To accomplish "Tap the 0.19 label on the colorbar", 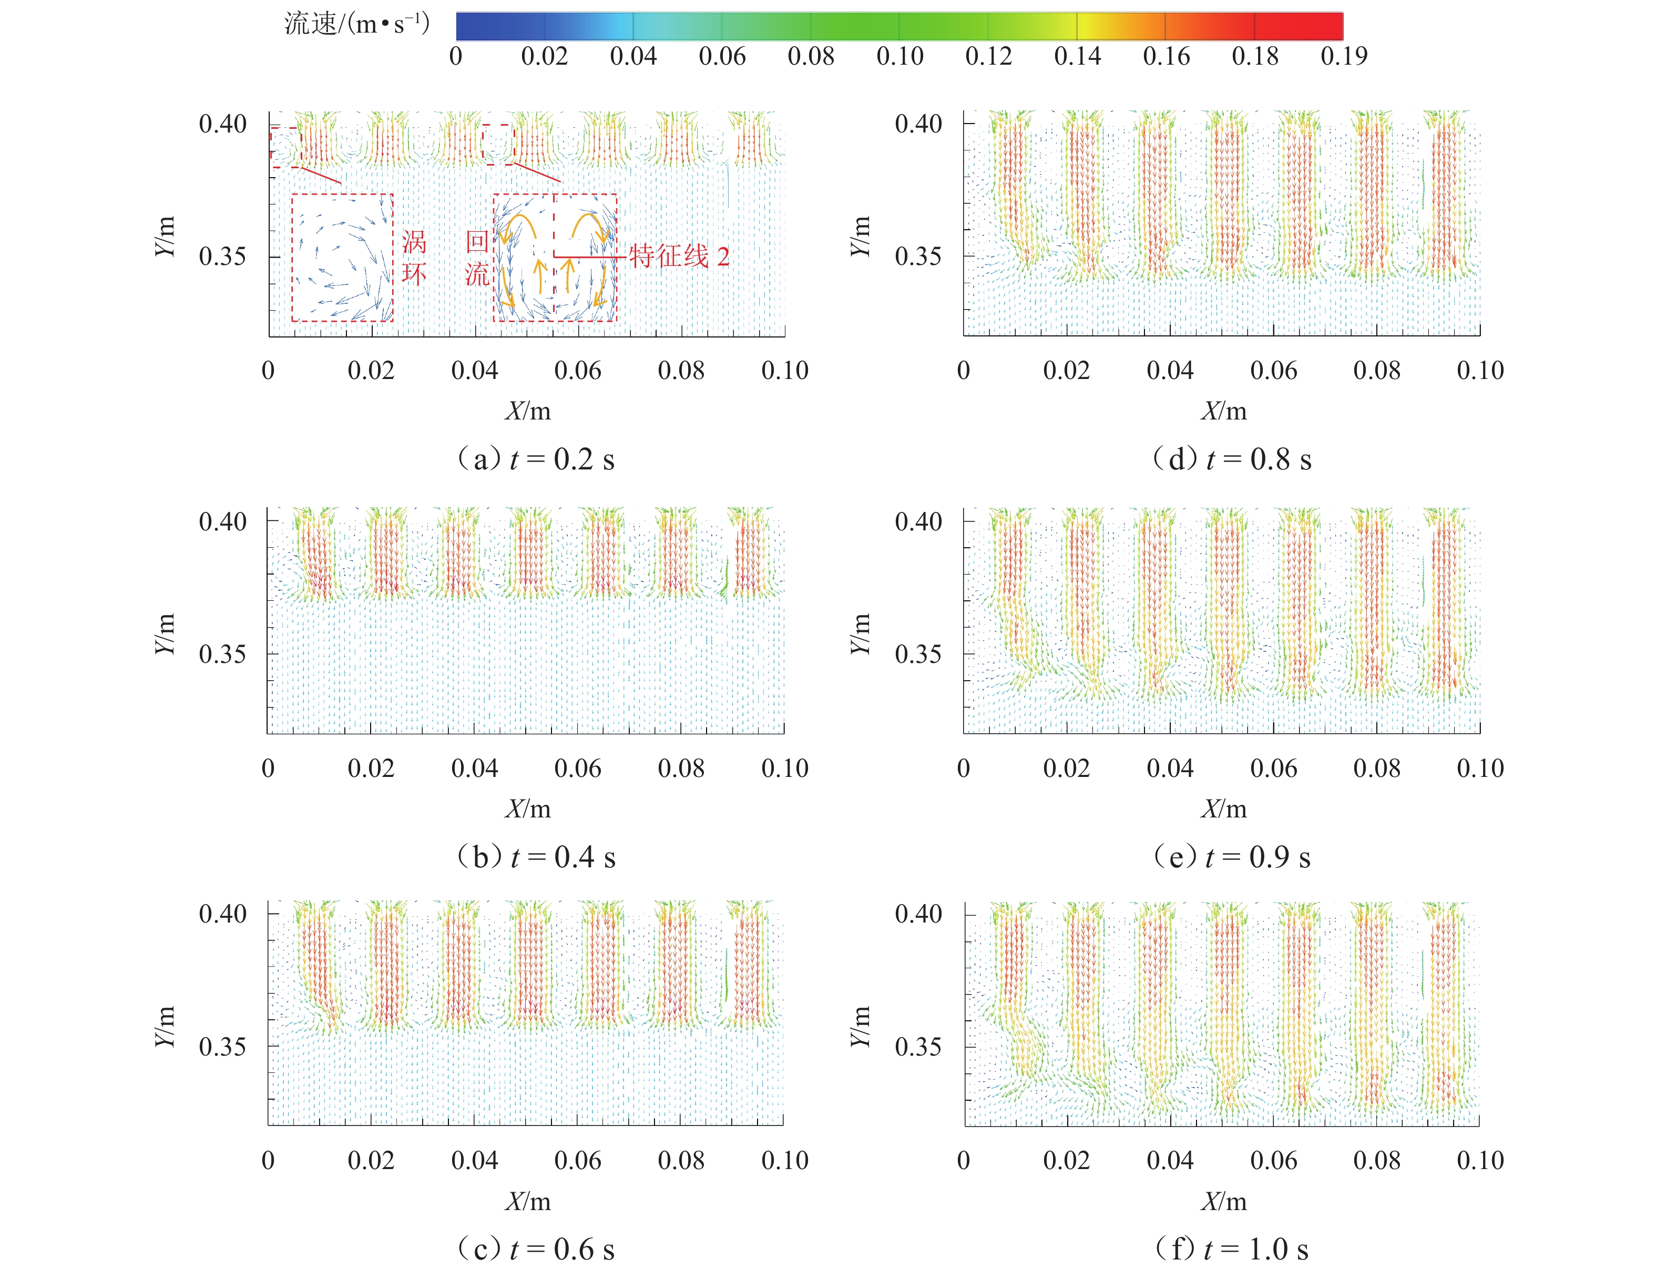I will [x=1343, y=56].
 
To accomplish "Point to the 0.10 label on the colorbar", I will [x=899, y=56].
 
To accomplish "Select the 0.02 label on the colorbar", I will [x=544, y=56].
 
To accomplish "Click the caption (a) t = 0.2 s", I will [x=535, y=459].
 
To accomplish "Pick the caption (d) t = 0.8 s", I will [x=1231, y=459].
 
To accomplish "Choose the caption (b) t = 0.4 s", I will [x=535, y=856].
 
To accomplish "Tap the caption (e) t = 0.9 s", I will [x=1231, y=856].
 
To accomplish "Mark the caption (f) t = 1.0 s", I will [x=1231, y=1249].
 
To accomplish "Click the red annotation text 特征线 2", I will [x=679, y=257].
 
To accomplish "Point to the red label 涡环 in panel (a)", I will [x=414, y=258].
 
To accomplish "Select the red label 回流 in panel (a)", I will [x=477, y=258].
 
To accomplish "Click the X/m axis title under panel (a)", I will [x=528, y=411].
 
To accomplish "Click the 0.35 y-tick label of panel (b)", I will [x=222, y=654].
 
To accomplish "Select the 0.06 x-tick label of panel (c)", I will [x=577, y=1160].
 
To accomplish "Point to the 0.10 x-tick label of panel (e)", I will [x=1480, y=768].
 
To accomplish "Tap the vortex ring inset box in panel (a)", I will [x=342, y=258].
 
